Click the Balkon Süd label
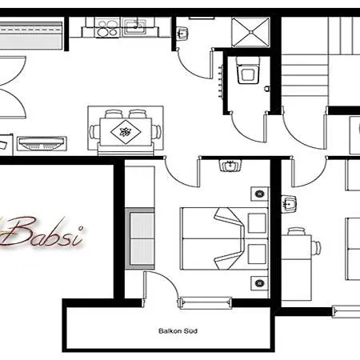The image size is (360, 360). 178,330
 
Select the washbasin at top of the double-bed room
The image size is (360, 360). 230,167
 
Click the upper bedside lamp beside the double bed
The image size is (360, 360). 258,194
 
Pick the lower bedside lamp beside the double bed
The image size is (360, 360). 258,281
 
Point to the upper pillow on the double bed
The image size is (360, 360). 258,222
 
